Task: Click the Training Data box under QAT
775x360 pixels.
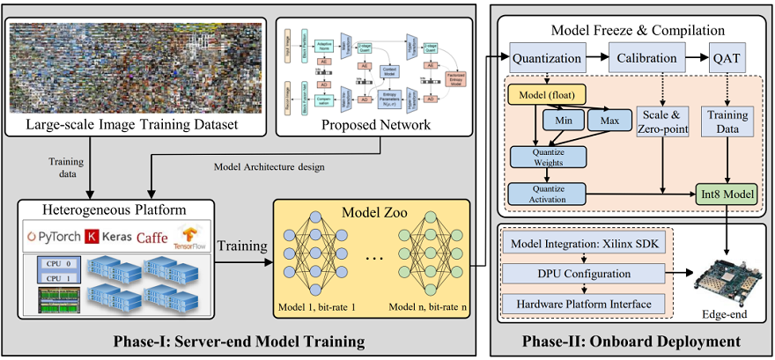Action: (x=727, y=121)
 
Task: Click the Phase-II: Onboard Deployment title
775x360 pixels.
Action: (x=630, y=342)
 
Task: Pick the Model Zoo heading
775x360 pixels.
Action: (x=370, y=213)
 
